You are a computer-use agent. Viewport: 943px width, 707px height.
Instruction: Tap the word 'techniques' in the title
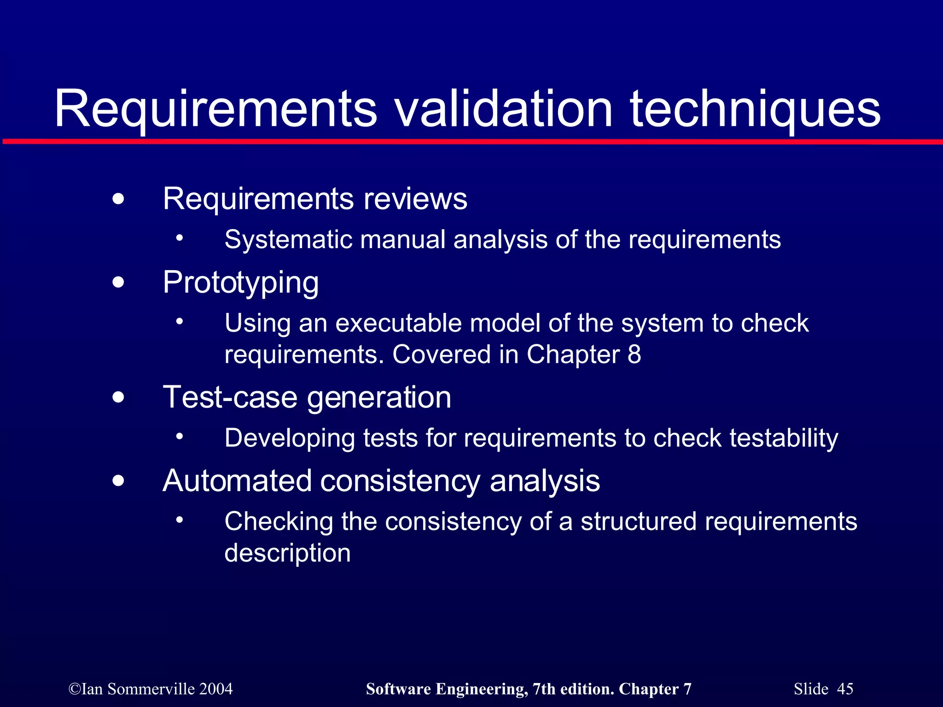click(755, 110)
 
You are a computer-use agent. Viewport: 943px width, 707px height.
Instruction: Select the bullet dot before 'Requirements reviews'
click(118, 199)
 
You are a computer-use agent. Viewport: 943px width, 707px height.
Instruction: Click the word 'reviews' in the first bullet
click(415, 199)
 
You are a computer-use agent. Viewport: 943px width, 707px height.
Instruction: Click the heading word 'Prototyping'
click(241, 283)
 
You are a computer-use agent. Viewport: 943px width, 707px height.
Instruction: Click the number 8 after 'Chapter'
click(634, 354)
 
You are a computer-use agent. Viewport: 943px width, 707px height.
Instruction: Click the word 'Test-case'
click(230, 397)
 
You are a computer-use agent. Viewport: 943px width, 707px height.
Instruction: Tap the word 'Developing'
click(290, 438)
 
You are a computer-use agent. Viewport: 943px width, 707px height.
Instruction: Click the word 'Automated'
click(237, 481)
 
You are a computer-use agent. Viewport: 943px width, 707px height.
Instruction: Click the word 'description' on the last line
click(287, 553)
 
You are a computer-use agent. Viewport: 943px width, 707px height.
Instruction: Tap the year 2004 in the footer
click(216, 689)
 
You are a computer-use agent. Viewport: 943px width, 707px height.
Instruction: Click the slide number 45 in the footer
click(845, 689)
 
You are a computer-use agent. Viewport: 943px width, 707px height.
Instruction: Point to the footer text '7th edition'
click(573, 689)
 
